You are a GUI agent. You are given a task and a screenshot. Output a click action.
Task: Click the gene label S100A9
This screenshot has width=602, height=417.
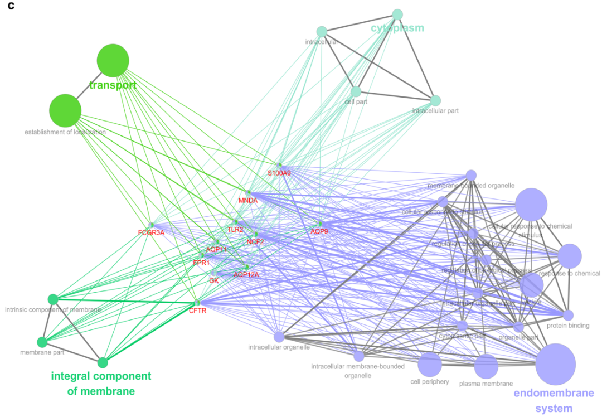point(279,173)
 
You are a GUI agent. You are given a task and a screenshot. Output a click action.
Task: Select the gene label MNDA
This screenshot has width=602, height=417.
point(247,200)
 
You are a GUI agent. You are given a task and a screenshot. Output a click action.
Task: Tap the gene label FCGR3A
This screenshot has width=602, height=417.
point(151,232)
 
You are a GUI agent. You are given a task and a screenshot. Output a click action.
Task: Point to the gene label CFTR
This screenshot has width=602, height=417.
point(198,311)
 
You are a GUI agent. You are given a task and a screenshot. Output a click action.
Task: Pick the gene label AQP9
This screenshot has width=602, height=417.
point(319,231)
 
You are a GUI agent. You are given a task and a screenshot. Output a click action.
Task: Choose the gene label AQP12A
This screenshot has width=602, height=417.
point(246,275)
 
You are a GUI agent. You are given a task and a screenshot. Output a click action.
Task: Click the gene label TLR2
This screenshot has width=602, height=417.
point(235,230)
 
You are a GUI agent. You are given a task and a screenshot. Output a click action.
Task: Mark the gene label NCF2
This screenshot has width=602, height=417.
point(255,242)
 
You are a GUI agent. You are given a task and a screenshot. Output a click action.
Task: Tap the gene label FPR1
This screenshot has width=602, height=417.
point(201,263)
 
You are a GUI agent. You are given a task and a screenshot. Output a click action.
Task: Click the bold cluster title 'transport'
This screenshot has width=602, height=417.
point(113,85)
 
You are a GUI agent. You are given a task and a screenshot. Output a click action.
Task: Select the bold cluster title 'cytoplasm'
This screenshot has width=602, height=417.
point(397,28)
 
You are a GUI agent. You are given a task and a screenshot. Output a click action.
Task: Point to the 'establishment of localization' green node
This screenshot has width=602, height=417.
point(66,110)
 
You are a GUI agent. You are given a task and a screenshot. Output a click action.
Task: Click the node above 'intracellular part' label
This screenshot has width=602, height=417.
point(436,101)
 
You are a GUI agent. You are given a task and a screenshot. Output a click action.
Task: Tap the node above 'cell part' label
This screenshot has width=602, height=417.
point(356,91)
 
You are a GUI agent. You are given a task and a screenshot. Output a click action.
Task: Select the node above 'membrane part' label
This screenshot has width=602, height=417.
point(42,342)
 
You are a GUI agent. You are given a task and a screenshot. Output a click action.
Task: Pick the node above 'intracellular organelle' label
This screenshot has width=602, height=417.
point(279,337)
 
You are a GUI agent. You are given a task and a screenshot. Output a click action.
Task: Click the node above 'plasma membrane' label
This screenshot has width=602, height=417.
point(486,366)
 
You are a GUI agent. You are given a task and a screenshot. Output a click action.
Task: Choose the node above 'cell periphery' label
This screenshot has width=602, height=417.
point(430,364)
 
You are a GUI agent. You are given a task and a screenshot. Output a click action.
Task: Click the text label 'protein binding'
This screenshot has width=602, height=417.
point(568,326)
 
